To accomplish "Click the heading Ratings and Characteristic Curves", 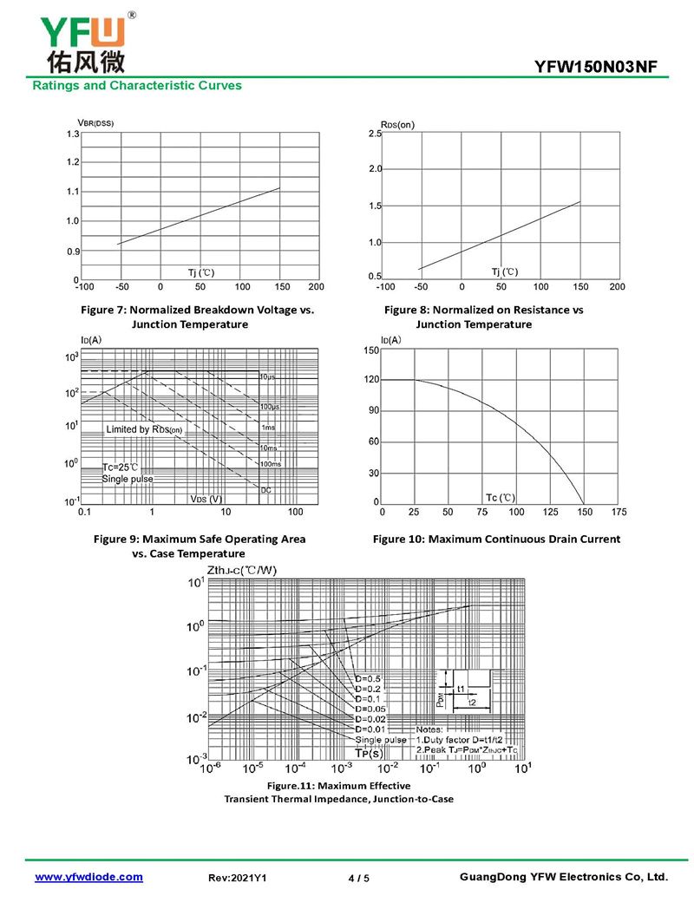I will tap(137, 85).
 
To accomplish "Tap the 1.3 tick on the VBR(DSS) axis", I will tap(73, 134).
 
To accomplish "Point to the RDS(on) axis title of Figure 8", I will tap(397, 124).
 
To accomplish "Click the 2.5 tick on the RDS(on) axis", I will tap(375, 134).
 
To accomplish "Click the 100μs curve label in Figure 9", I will tap(270, 407).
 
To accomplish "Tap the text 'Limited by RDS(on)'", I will tap(144, 429).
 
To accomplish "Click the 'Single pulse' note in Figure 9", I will tap(128, 479).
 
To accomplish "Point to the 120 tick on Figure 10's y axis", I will tap(371, 380).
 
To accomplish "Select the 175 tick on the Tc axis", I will tap(619, 513).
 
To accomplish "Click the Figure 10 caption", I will tap(496, 539).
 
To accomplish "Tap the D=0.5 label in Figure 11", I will tap(367, 677).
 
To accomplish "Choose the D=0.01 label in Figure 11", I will tap(370, 729).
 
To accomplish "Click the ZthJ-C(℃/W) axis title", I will tap(242, 570).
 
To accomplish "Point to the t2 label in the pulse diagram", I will tap(472, 702).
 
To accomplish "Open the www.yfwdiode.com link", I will tap(88, 877).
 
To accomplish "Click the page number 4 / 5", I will tap(358, 878).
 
